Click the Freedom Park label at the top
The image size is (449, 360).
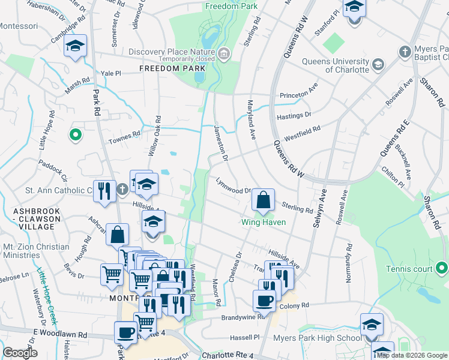pos(231,6)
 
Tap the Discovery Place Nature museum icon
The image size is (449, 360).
pos(223,55)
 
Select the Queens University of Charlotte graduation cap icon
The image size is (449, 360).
pos(378,64)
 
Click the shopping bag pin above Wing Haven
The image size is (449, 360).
pos(264,200)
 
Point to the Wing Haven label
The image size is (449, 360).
pos(263,222)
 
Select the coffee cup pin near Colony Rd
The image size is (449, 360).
pos(264,300)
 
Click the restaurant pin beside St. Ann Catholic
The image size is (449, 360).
pos(104,191)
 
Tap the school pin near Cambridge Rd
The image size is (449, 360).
pos(76,46)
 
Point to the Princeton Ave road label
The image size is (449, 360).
pos(298,95)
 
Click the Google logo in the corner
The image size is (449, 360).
pos(20,353)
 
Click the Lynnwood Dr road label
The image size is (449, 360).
pos(234,185)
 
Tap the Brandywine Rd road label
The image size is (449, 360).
pos(243,317)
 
